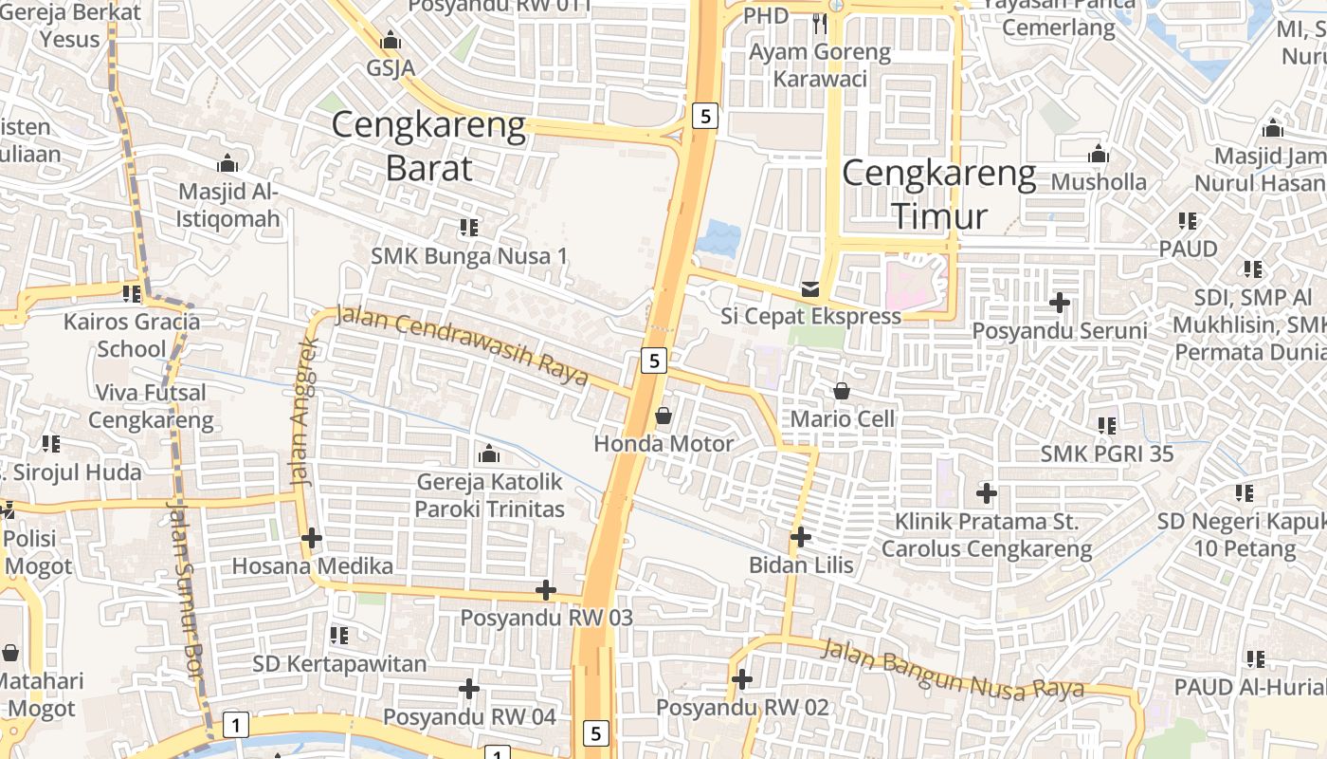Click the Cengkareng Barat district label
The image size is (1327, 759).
coord(428,146)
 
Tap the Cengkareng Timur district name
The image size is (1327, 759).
coord(938,194)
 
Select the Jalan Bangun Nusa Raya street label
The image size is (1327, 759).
coord(952,669)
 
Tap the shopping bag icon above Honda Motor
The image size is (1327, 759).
coord(663,416)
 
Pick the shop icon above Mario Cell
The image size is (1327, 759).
coord(842,390)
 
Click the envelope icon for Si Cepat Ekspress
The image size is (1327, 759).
coord(810,288)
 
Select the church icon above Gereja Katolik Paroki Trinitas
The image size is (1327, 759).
coord(489,454)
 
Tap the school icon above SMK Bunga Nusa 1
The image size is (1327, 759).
coord(468,228)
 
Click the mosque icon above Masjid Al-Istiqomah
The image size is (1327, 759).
coord(227,163)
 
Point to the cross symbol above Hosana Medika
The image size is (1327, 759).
coord(312,538)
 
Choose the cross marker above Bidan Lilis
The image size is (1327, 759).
coord(801,537)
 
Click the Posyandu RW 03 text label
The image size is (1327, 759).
coord(546,618)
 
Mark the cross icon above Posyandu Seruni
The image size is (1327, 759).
coord(1060,303)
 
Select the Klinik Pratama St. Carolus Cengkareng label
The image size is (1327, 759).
coord(987,535)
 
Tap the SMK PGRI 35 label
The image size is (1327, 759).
coord(1106,454)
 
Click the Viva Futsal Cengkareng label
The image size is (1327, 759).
coord(152,406)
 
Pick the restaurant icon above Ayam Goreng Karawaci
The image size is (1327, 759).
coord(820,23)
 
